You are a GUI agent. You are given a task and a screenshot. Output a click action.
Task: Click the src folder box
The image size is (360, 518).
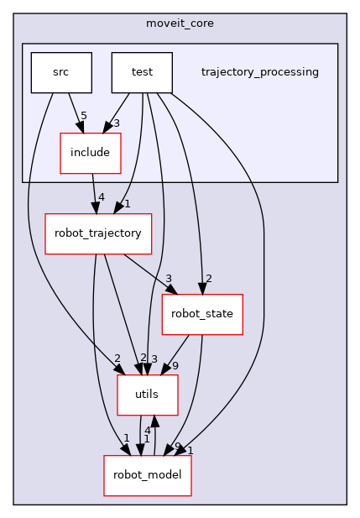click(x=60, y=72)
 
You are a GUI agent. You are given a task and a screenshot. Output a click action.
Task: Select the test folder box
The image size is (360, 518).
click(x=142, y=72)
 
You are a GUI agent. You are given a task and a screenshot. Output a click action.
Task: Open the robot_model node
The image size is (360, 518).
click(x=148, y=475)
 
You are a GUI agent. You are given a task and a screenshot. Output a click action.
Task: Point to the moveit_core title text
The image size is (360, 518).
click(x=180, y=23)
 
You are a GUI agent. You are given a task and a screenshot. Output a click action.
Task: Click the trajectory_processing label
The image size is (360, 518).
click(x=259, y=72)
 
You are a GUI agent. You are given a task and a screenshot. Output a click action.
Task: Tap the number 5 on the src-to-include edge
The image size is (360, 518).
click(x=84, y=115)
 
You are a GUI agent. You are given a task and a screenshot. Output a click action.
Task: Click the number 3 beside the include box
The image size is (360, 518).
click(x=116, y=123)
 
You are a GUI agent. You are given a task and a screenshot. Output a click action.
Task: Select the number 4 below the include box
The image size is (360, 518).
click(x=102, y=197)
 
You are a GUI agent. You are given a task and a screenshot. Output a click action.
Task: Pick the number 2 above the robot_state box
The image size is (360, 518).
click(x=207, y=279)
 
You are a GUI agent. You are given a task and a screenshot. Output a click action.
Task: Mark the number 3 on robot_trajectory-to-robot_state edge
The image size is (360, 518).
click(x=169, y=279)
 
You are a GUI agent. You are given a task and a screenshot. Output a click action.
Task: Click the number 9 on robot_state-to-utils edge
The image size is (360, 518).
click(x=175, y=366)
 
